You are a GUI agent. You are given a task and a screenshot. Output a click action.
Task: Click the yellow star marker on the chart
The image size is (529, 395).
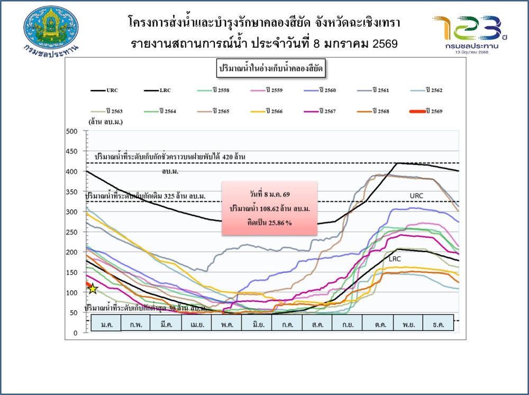click(93, 289)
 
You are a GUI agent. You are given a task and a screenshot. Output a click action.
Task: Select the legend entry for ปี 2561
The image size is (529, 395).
click(380, 90)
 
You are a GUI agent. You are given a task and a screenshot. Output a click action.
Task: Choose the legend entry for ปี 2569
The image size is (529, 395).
click(434, 111)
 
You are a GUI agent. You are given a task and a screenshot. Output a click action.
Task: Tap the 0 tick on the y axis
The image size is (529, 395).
click(76, 333)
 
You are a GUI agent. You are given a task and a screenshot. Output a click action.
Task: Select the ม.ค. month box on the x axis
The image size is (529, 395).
click(106, 323)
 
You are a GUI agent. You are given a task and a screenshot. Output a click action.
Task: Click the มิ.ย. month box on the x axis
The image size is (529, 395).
click(257, 323)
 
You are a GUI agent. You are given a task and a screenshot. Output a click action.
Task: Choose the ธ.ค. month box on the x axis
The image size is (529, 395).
click(438, 323)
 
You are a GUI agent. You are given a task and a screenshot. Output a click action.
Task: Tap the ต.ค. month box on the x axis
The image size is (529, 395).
click(378, 323)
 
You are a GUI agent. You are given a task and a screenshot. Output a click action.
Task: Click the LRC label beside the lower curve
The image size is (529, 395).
click(395, 259)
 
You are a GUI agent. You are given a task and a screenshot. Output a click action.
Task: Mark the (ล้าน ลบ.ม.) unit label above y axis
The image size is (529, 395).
click(106, 122)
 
